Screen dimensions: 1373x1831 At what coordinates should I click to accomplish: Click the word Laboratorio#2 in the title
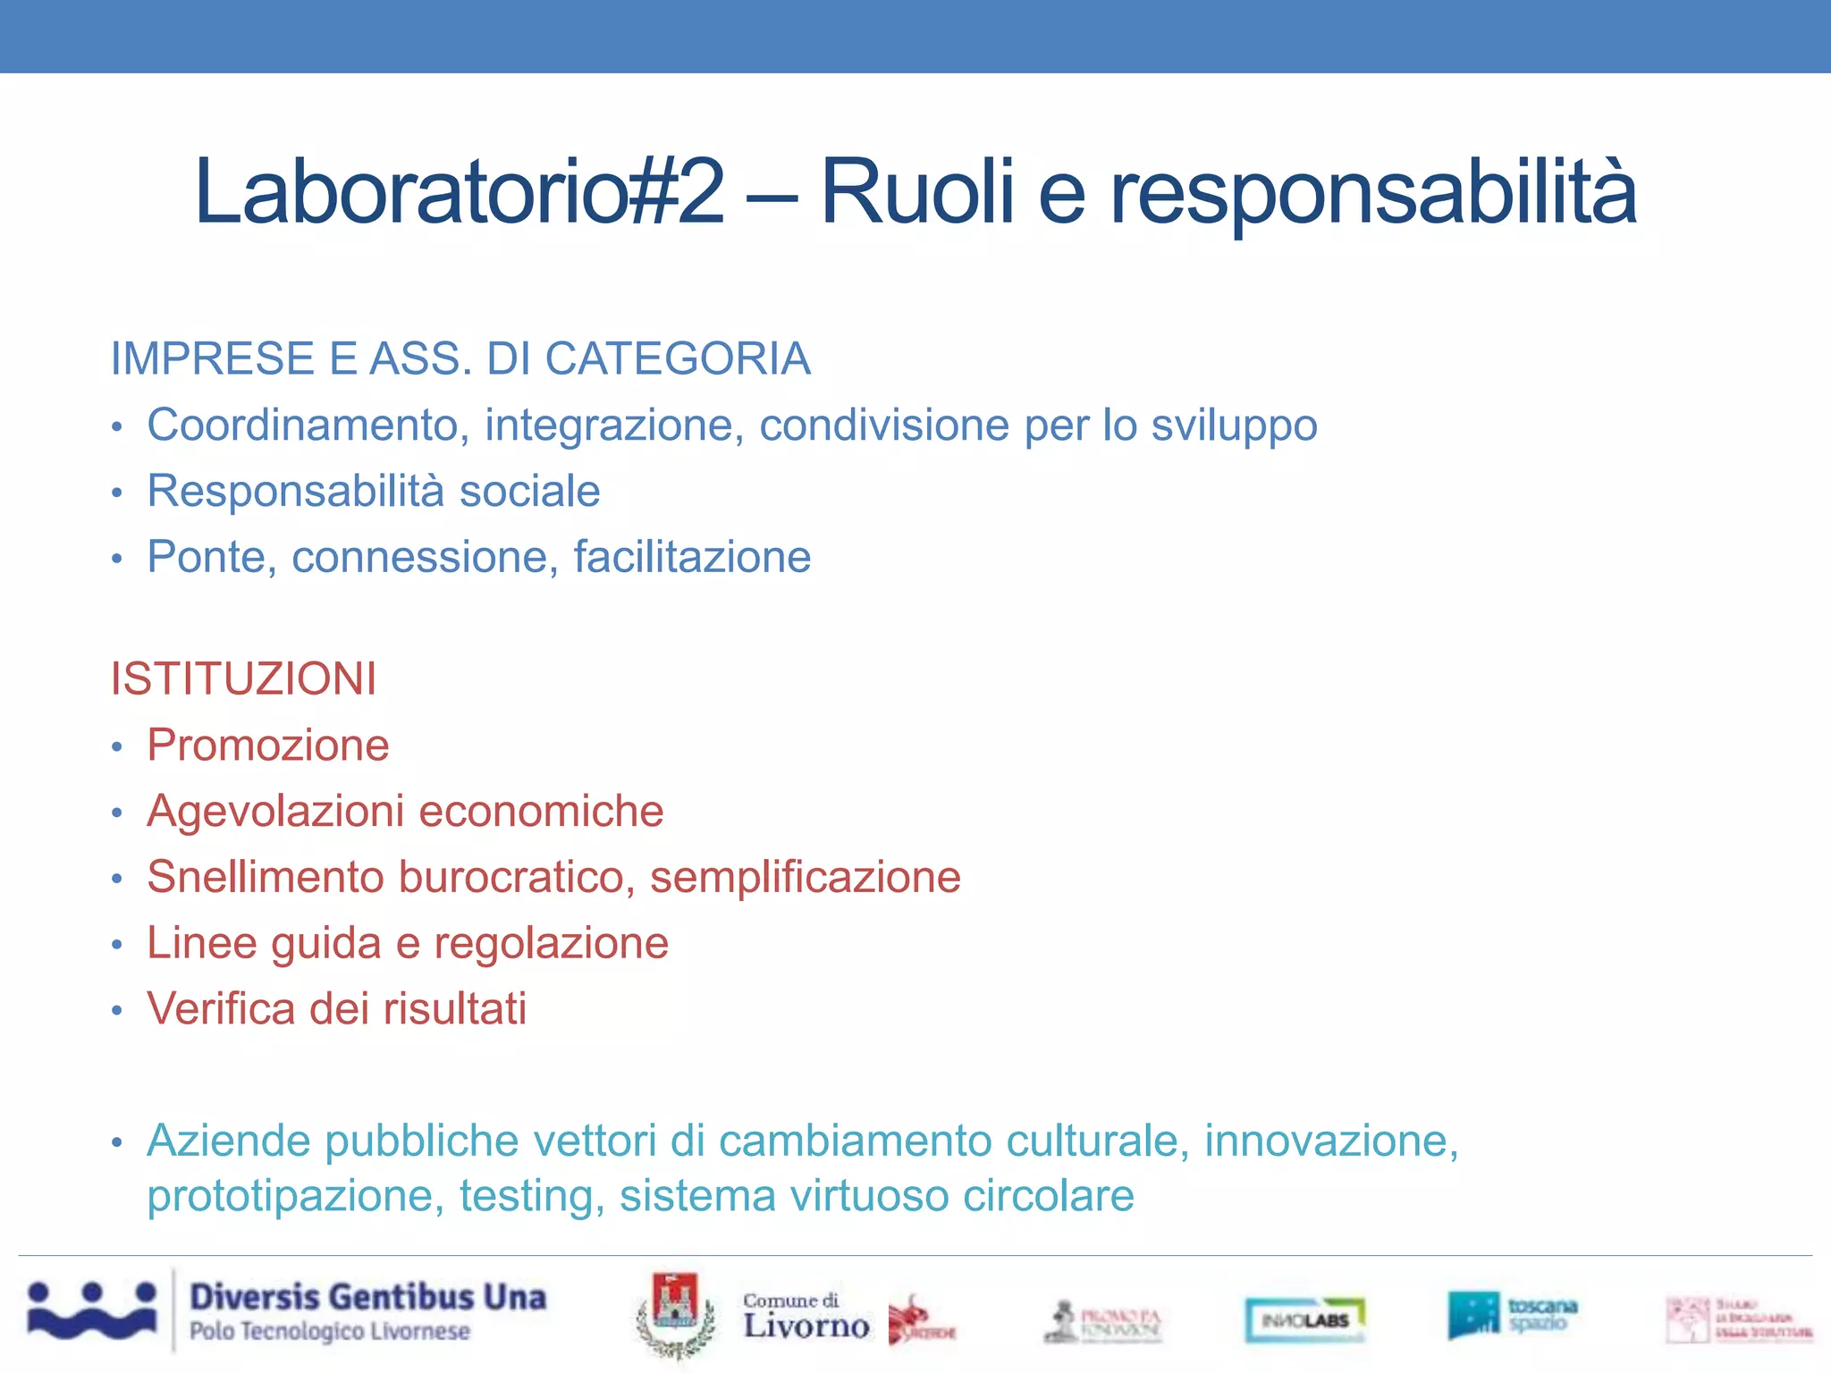click(x=458, y=191)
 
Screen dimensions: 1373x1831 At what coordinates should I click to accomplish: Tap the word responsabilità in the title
click(x=1373, y=193)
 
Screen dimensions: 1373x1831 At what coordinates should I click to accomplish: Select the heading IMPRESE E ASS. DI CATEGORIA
click(x=460, y=359)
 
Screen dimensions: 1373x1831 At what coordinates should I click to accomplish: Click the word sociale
click(x=529, y=492)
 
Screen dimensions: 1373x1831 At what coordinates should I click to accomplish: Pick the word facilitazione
click(x=692, y=558)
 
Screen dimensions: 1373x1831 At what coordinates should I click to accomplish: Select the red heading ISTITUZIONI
click(x=243, y=679)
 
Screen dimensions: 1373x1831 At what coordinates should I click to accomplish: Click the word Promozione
click(x=268, y=745)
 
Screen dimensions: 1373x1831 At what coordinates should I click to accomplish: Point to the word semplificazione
click(x=805, y=878)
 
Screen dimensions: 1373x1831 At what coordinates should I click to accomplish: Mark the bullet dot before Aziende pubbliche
click(x=116, y=1143)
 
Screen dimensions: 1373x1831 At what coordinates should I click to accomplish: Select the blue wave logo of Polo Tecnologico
click(x=92, y=1311)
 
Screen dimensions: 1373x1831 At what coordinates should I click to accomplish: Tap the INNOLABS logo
click(x=1305, y=1319)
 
